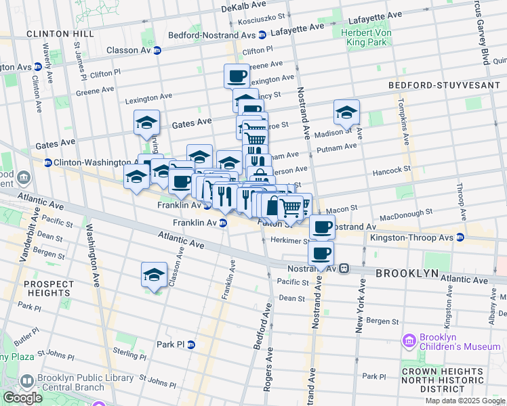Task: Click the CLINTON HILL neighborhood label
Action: click(x=56, y=33)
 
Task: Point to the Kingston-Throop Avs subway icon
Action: click(x=460, y=238)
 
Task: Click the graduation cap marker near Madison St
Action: click(x=346, y=112)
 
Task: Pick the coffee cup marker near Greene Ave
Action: click(x=237, y=76)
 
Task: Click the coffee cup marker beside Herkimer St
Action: click(x=322, y=227)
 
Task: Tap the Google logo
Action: click(x=22, y=398)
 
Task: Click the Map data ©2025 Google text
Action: click(x=465, y=401)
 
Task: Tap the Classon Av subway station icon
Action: click(x=157, y=50)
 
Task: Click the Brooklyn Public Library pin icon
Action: click(x=27, y=382)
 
